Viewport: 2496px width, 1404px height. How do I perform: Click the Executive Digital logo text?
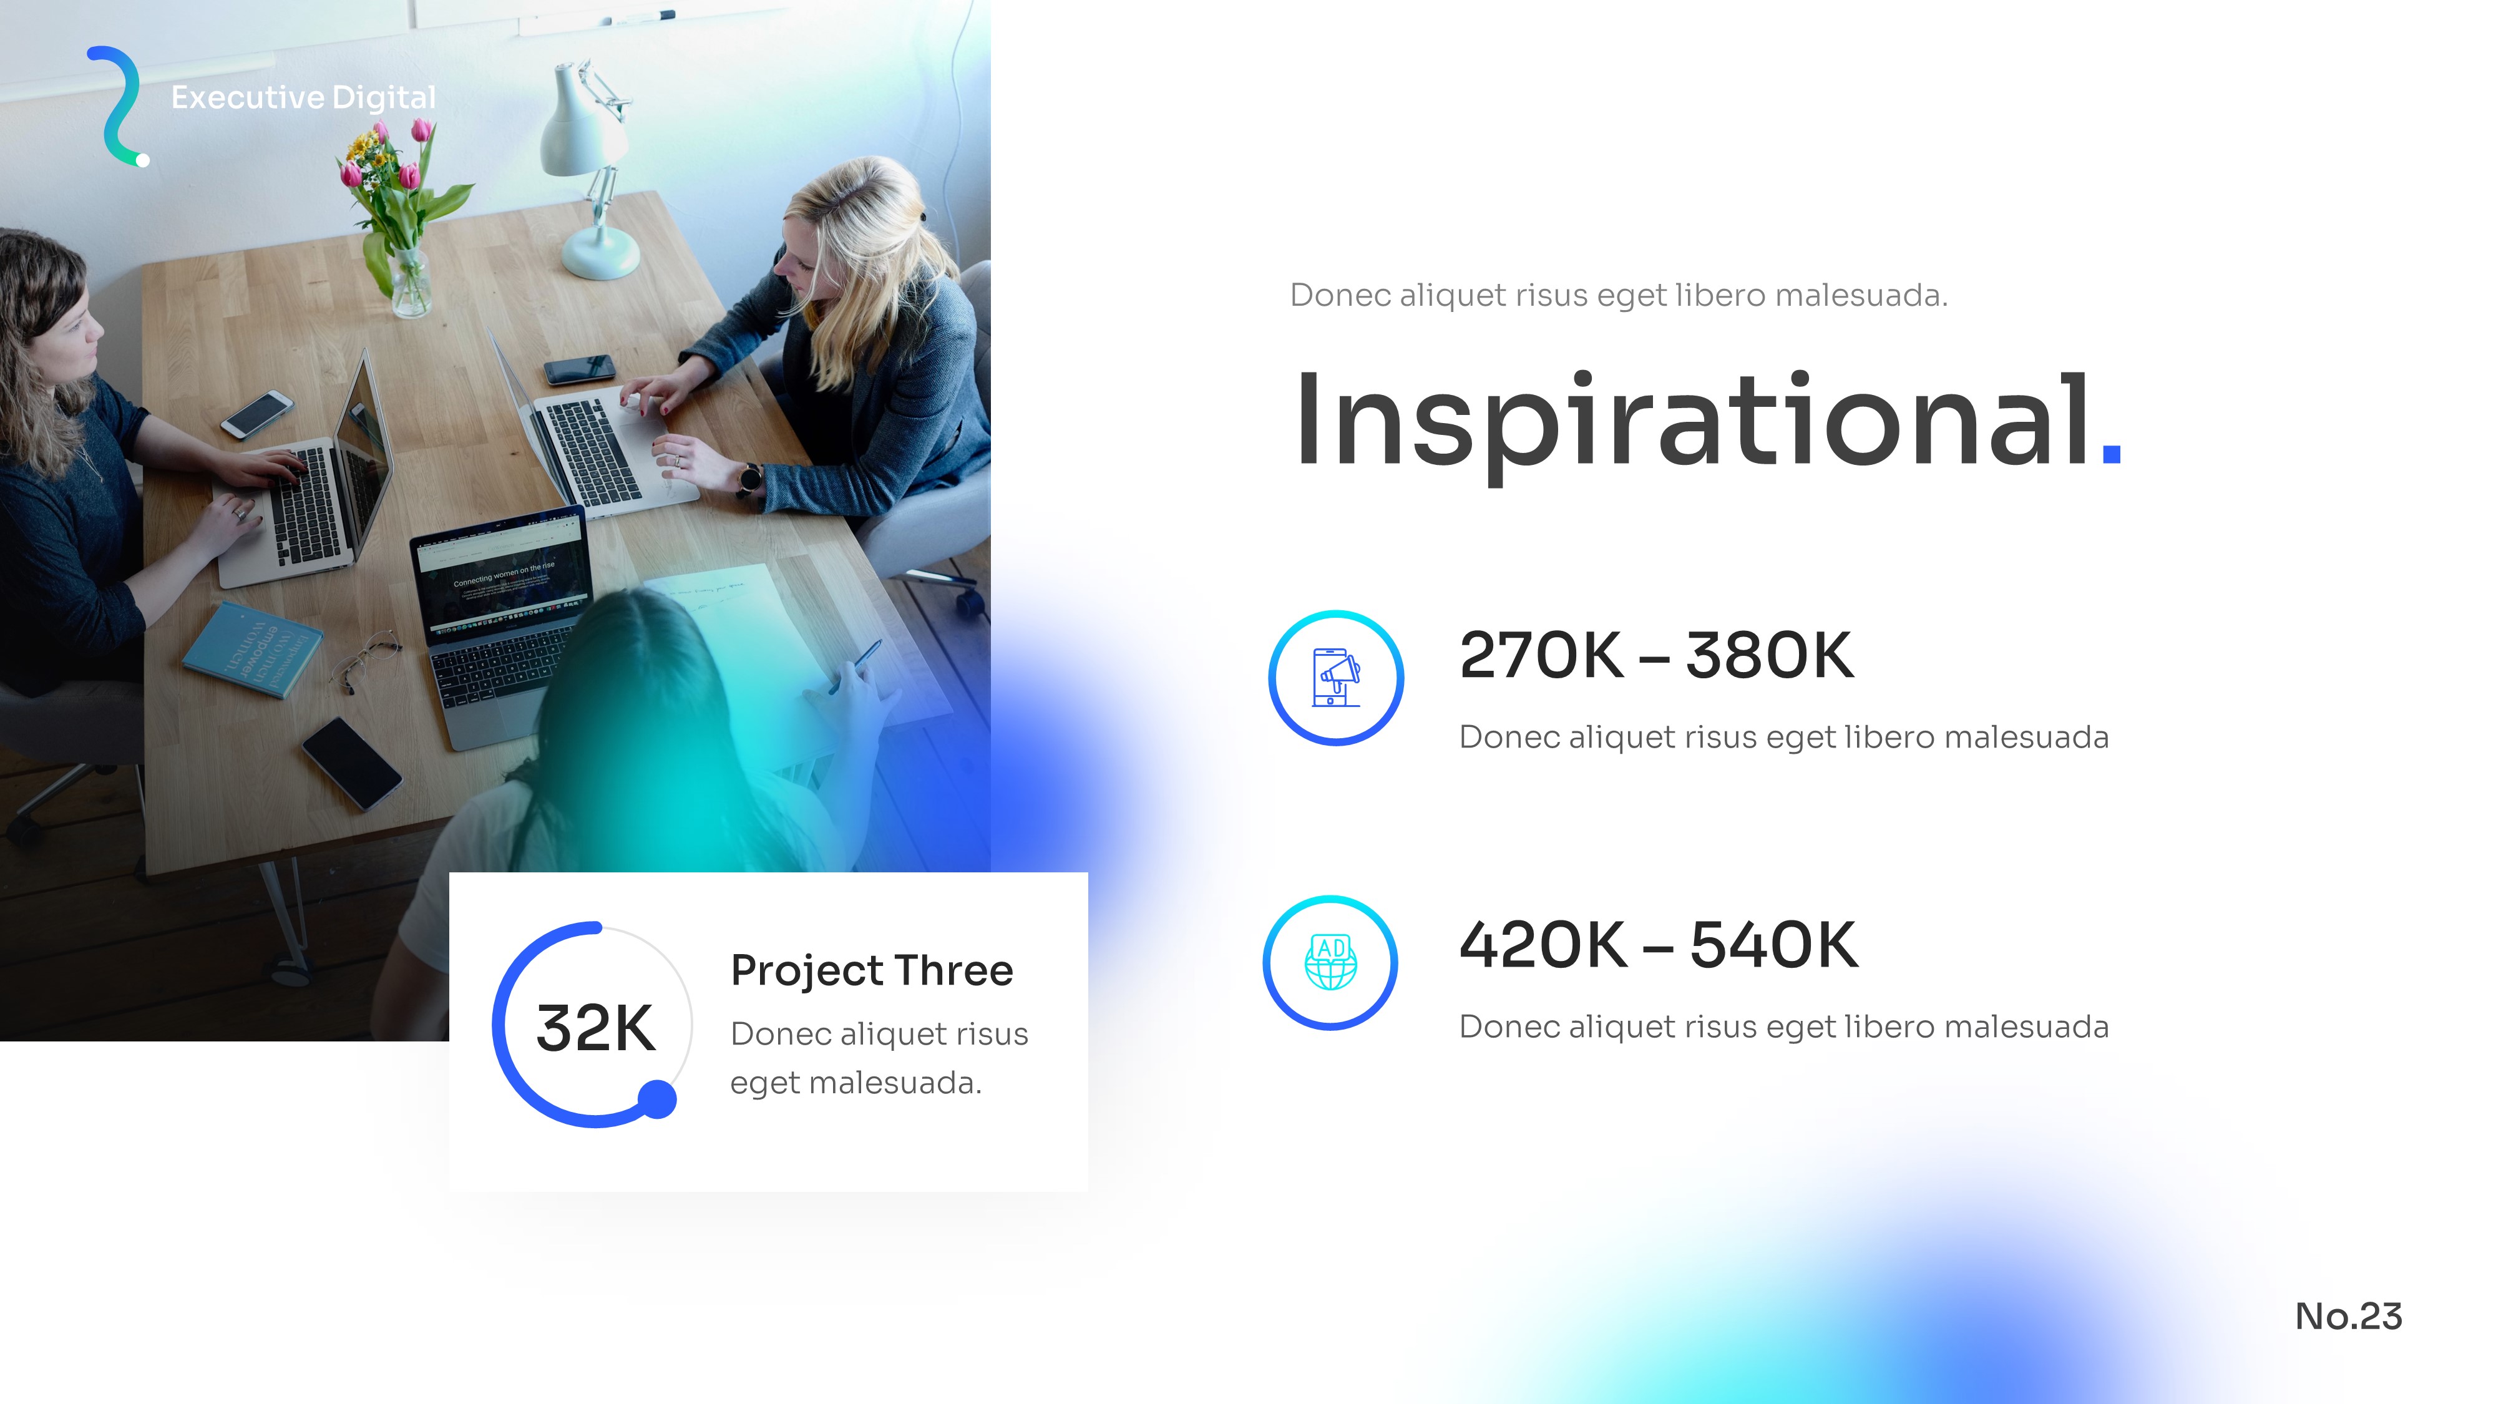pos(303,98)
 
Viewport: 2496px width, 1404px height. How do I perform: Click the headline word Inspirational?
pos(1692,422)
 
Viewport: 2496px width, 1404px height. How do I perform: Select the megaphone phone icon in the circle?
pos(1336,677)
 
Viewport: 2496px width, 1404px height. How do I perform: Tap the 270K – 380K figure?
pos(1656,656)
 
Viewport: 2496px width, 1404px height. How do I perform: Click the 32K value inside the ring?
pos(595,1028)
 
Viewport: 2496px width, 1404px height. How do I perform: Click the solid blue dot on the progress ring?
pos(658,1099)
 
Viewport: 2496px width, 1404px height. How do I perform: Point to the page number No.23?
pos(2349,1316)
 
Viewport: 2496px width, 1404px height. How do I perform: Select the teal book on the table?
pos(253,648)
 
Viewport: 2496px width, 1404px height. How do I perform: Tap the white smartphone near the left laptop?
pos(256,414)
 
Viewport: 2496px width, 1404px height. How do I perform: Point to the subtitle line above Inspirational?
pos(1618,295)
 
